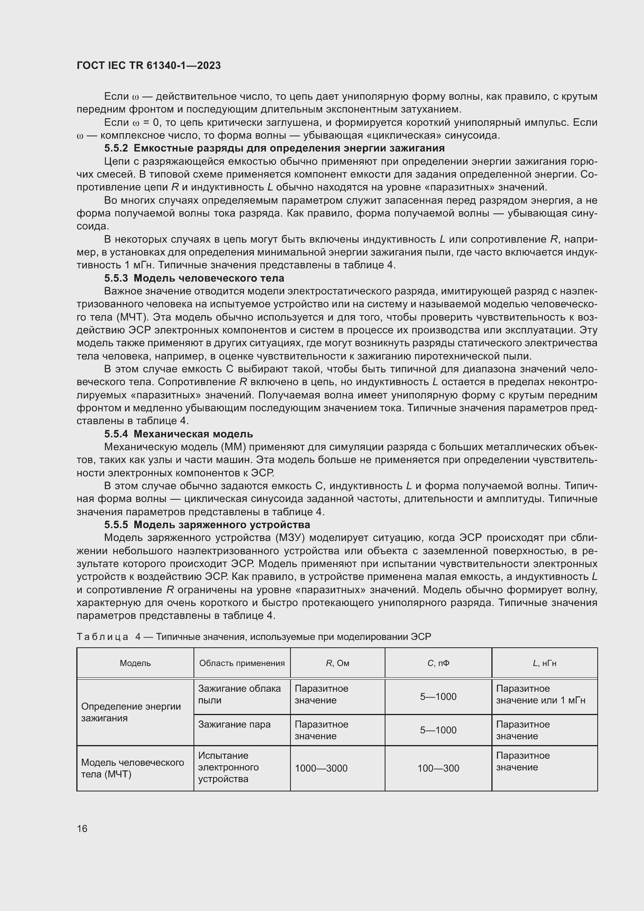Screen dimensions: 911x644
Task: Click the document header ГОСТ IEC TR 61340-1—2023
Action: coord(149,65)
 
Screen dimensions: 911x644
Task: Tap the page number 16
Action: coord(82,828)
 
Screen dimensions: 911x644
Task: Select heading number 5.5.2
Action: coord(116,148)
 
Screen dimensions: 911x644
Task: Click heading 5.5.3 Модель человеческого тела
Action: coord(194,278)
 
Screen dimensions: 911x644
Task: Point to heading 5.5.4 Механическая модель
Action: coord(178,434)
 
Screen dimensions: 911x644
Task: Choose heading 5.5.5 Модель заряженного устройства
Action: coord(207,525)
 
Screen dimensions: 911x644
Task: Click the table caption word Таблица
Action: coord(102,636)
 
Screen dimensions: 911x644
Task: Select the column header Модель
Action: coord(135,663)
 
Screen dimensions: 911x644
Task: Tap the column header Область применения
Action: coord(242,663)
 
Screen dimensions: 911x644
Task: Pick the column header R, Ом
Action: coord(338,663)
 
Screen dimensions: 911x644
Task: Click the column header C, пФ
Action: coord(438,663)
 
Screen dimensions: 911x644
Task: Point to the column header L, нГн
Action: coord(544,663)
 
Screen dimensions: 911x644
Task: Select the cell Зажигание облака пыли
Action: coord(239,694)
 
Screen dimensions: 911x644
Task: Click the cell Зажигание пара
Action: coord(234,724)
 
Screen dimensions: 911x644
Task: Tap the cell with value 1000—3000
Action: coord(321,768)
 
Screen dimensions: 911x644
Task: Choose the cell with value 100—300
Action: coord(438,768)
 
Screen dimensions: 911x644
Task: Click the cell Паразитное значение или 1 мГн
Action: coord(540,694)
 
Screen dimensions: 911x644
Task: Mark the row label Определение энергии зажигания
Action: coord(131,712)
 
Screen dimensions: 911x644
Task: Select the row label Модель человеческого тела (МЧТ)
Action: coord(132,768)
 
